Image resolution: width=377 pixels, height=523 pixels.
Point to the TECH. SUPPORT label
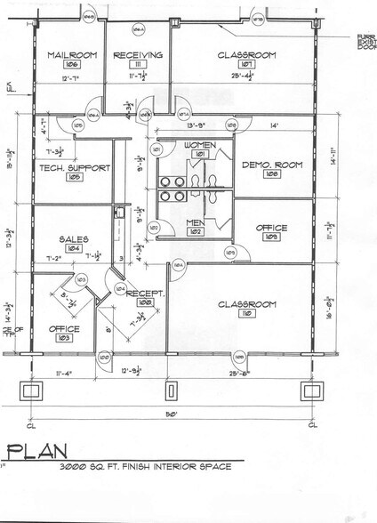pyautogui.click(x=63, y=167)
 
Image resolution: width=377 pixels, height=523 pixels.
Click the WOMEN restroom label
pyautogui.click(x=196, y=144)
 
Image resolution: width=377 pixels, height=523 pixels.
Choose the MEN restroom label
pyautogui.click(x=195, y=222)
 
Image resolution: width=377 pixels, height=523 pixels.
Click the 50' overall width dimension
pyautogui.click(x=168, y=414)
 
